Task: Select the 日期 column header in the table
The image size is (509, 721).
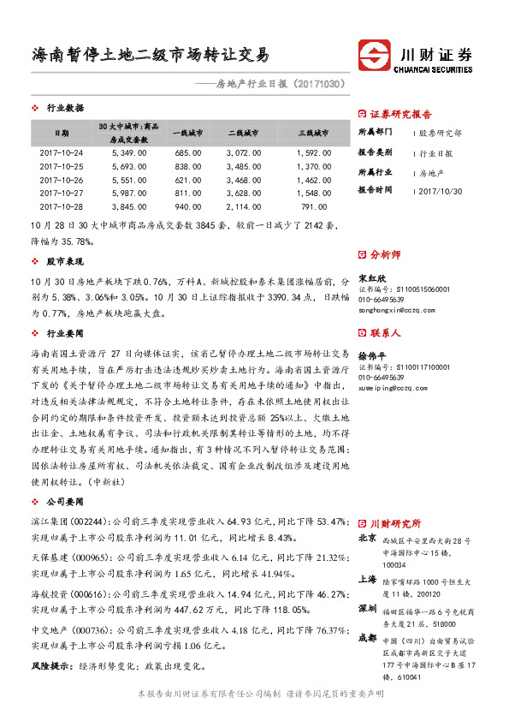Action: point(62,134)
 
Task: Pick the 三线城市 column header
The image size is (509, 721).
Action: point(314,134)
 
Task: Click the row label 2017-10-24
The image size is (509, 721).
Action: point(62,152)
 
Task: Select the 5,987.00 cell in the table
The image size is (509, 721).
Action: point(129,194)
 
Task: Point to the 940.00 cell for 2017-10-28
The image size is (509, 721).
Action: point(186,207)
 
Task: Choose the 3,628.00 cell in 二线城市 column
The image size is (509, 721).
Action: point(243,194)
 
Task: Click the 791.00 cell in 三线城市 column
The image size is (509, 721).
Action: point(314,207)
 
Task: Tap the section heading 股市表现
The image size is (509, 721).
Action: point(65,260)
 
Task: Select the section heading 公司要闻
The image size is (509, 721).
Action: point(65,500)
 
